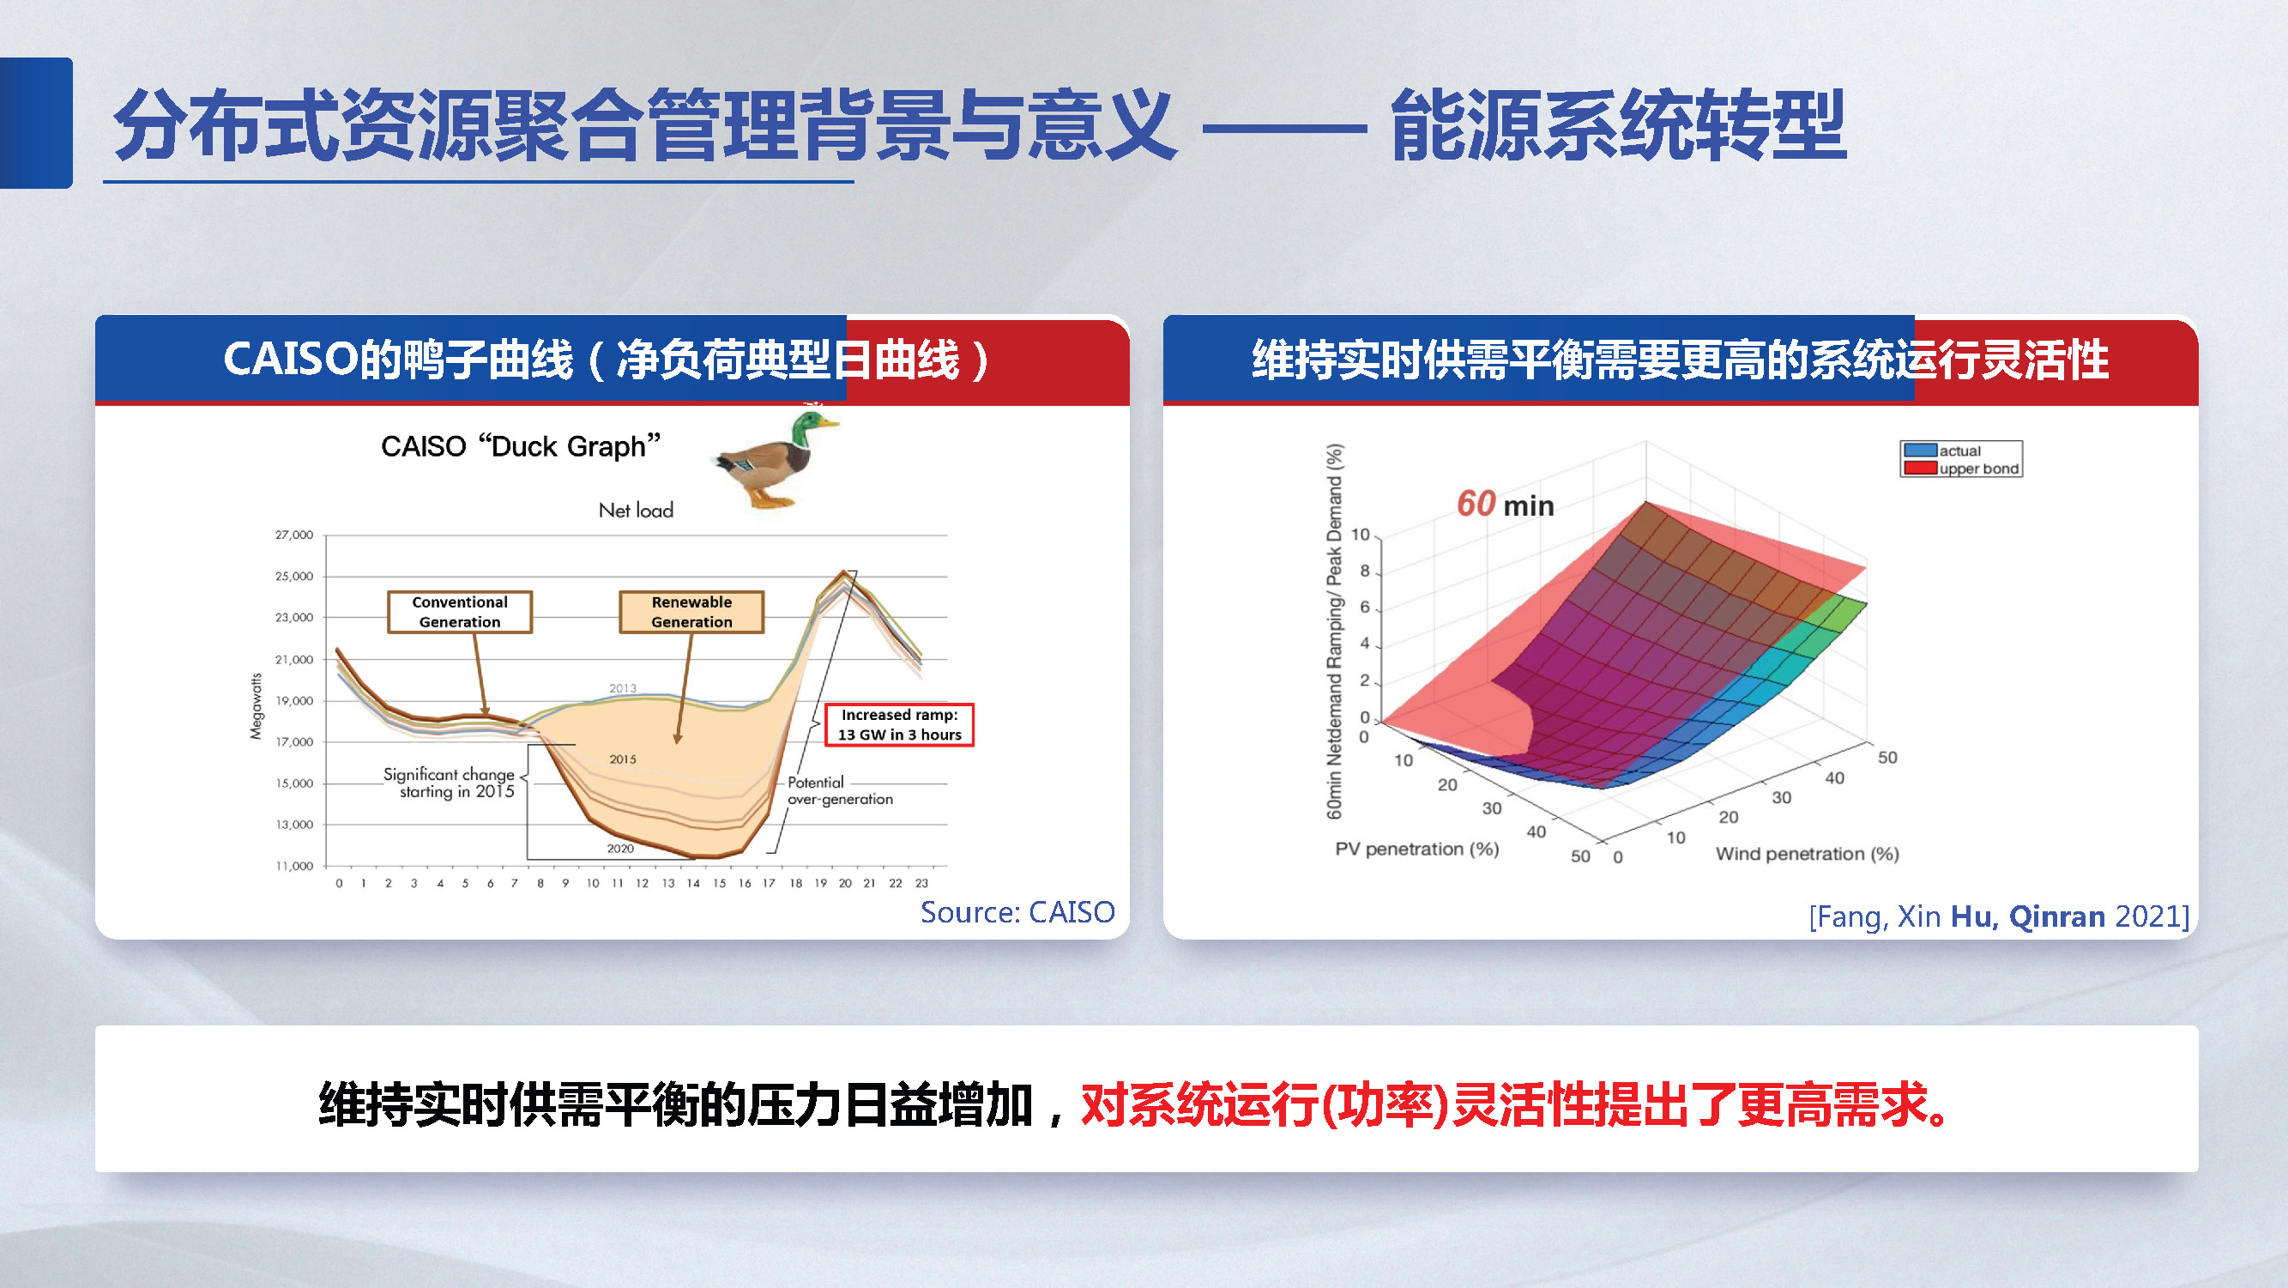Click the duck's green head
806,429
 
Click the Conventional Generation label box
459,612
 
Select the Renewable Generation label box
691,612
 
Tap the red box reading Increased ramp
899,725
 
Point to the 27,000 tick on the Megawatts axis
294,535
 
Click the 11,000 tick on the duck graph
294,865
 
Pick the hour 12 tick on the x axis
642,883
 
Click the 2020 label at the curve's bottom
620,849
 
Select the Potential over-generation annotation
838,790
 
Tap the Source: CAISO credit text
1017,912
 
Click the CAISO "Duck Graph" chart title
521,446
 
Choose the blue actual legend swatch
1919,450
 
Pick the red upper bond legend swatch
1919,469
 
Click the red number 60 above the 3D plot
1476,504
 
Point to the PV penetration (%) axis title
1416,850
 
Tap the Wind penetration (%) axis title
1807,854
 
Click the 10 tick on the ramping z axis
1360,535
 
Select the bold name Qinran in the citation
2056,916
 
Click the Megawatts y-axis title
257,706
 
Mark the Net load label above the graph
636,511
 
